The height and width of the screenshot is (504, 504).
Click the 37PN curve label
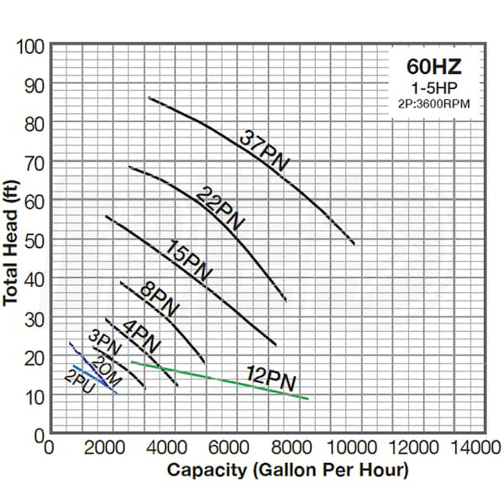(264, 150)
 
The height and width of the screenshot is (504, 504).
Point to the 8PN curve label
(159, 301)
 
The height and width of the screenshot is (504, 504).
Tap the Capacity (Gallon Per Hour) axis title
(287, 470)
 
